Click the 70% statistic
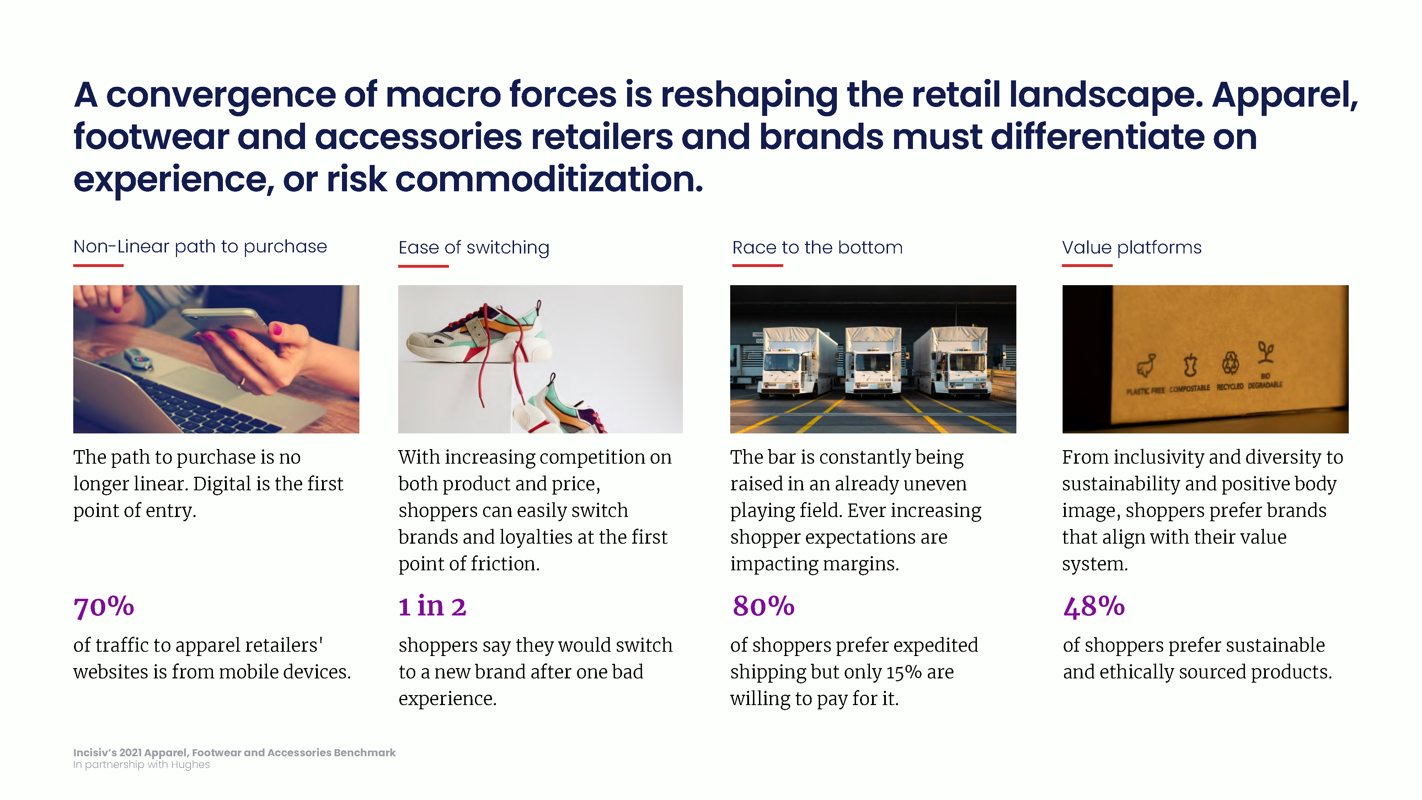coord(104,607)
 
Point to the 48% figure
coord(1094,607)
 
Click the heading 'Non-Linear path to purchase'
coord(200,246)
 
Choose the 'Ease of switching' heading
coord(474,247)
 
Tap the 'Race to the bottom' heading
coord(817,247)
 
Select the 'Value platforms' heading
coord(1132,247)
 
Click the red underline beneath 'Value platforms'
coord(1087,266)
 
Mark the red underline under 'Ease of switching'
coord(423,266)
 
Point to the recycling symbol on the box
coord(1230,363)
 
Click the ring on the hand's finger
coord(241,381)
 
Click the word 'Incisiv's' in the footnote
coord(95,752)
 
